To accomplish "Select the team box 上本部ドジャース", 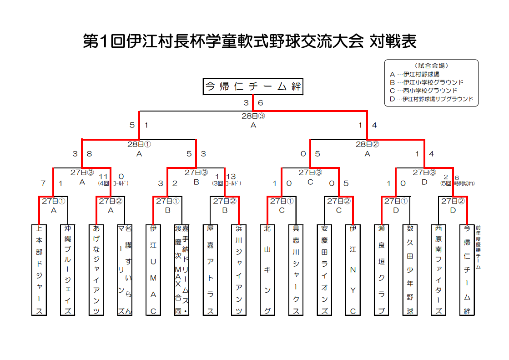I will click(x=39, y=270).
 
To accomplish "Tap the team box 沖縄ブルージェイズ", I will click(x=68, y=270).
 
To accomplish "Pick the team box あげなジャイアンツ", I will click(x=96, y=270).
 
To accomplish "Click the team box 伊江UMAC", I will click(x=153, y=270).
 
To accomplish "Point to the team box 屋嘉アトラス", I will click(x=210, y=270).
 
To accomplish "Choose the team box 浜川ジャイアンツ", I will click(x=239, y=270).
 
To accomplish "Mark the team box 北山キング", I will click(x=267, y=270).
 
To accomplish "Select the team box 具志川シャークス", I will click(x=296, y=270).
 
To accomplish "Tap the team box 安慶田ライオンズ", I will click(x=324, y=270).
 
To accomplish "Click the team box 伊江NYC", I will click(x=353, y=270).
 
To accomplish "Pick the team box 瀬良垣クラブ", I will click(x=382, y=270).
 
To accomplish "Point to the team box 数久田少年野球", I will click(x=410, y=270).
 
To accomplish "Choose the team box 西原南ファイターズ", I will click(x=438, y=270).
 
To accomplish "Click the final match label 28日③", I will click(x=253, y=116).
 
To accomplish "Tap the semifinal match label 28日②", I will click(x=367, y=144).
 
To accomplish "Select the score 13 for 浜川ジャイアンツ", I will click(x=231, y=177).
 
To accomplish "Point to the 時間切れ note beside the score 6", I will click(x=464, y=184).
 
